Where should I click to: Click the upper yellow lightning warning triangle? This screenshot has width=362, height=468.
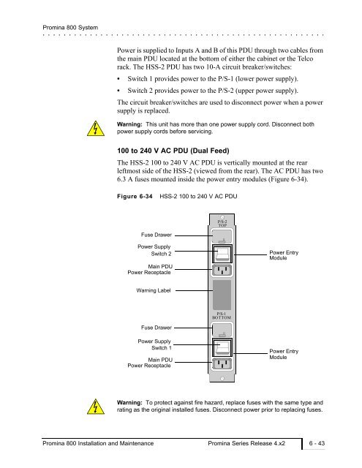pos(96,129)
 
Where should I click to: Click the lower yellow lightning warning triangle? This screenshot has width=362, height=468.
pos(96,407)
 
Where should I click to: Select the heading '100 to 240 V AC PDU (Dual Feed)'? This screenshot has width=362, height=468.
pos(173,151)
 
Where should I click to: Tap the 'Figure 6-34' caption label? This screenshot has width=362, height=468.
pos(135,197)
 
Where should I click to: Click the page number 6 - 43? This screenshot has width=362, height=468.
pos(317,443)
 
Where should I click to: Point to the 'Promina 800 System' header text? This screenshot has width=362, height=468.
pos(70,28)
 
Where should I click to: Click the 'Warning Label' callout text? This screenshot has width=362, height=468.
pos(154,290)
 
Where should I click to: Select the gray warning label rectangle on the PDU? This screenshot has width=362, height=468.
pos(222,295)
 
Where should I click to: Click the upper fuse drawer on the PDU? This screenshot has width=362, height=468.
pos(222,236)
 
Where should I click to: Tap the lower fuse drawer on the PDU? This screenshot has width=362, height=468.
pos(222,330)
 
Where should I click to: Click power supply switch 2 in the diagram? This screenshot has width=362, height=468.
pos(222,254)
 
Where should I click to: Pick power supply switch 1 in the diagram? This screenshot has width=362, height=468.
pos(222,347)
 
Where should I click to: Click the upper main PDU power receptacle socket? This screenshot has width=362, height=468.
pos(222,271)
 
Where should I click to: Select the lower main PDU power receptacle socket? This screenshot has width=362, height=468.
pos(222,364)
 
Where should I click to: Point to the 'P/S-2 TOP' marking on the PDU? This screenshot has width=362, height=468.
pos(222,224)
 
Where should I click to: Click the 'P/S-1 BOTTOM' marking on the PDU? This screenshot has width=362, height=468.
pos(222,316)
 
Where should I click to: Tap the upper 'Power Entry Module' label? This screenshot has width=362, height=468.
pos(284,255)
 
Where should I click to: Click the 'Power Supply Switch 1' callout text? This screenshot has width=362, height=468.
pos(154,344)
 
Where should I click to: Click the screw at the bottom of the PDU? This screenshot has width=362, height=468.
pos(222,379)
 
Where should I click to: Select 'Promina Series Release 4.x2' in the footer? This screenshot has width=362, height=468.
pos(246,443)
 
